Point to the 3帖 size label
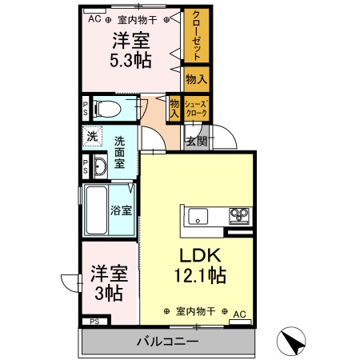point(106,293)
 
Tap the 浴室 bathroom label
point(122,211)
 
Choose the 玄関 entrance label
point(196,142)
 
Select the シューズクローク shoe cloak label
point(196,110)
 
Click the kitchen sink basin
point(198,215)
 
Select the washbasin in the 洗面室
point(99,167)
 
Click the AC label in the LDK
point(238,314)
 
